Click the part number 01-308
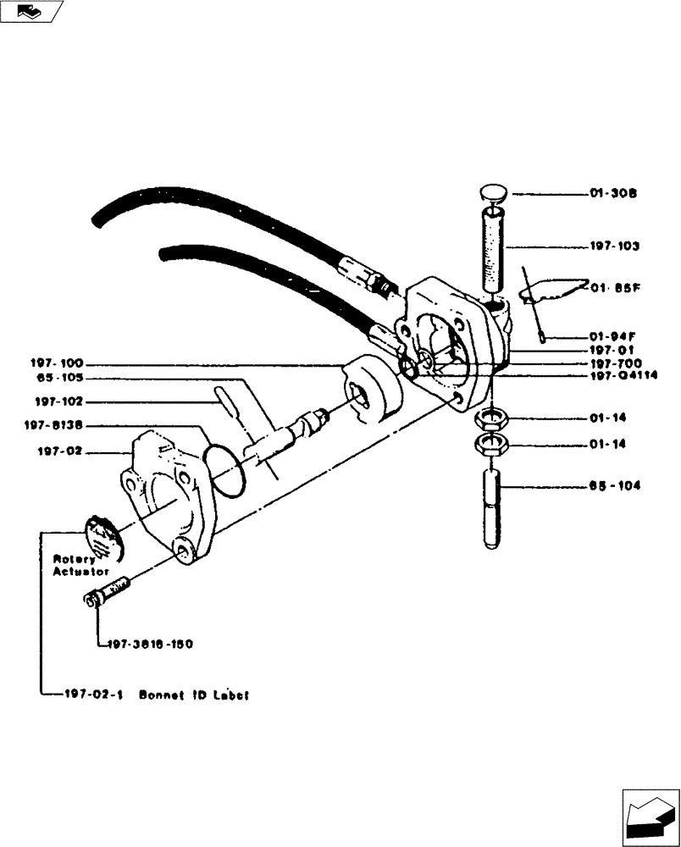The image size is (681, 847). (x=613, y=194)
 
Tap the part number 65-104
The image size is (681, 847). (x=614, y=486)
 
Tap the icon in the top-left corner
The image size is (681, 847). (x=31, y=11)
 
